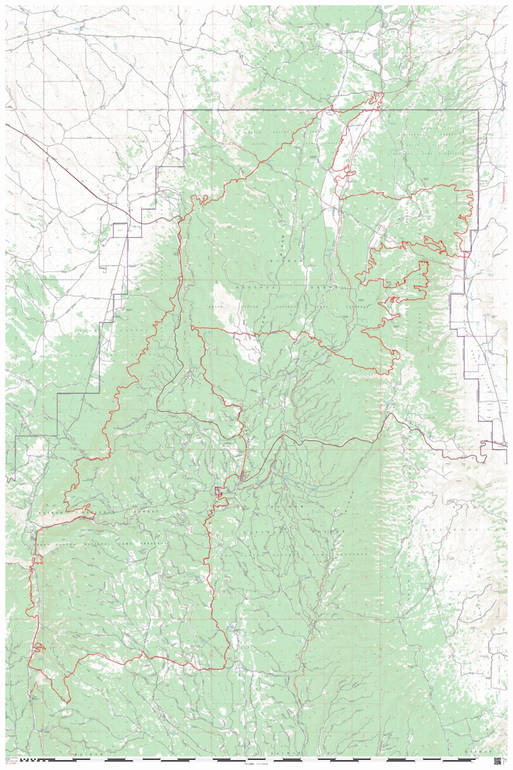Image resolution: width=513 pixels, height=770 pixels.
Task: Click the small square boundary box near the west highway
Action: [120, 230]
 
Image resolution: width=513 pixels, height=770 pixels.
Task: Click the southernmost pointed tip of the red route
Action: [67, 702]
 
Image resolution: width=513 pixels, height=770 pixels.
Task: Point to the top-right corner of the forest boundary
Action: [477, 111]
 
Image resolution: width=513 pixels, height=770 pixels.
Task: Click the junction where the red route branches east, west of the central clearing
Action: [193, 328]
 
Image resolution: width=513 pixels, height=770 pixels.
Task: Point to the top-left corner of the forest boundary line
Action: [185, 111]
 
